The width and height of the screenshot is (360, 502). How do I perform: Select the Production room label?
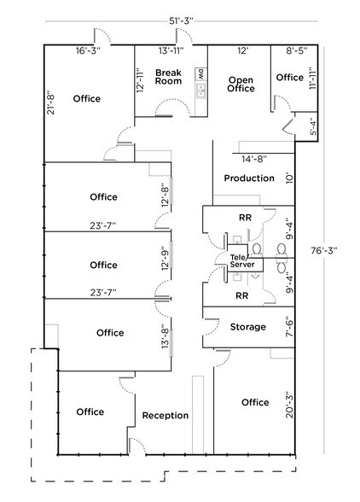[249, 178]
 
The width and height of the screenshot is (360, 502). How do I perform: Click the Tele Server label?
[242, 261]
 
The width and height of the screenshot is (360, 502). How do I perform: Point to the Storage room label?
[248, 326]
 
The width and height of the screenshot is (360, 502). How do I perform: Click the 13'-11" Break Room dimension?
[170, 51]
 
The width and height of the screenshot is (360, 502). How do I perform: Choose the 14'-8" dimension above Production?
[254, 159]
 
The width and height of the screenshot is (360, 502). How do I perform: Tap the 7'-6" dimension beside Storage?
[289, 327]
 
